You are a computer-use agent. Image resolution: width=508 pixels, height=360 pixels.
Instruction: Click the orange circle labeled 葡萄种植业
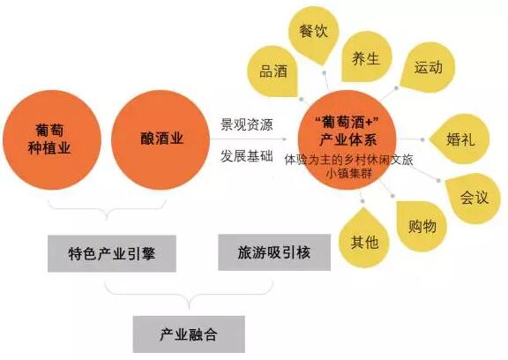tap(52, 139)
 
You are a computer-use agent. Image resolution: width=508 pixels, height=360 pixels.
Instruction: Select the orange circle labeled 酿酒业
tap(161, 139)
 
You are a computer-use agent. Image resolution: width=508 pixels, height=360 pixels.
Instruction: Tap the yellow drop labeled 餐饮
tap(314, 35)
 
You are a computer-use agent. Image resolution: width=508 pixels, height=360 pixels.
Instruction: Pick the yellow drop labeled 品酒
tap(273, 71)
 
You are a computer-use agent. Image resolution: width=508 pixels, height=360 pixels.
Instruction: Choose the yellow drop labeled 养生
tap(366, 57)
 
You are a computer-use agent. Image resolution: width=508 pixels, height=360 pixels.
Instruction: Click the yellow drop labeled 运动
tap(428, 67)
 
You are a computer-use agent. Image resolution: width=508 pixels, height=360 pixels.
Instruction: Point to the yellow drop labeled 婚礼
tap(459, 139)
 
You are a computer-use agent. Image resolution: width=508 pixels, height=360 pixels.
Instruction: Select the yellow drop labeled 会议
tap(473, 198)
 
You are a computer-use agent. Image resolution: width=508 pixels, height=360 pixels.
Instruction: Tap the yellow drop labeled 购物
tap(422, 226)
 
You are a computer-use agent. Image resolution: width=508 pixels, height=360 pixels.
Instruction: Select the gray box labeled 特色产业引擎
tap(112, 253)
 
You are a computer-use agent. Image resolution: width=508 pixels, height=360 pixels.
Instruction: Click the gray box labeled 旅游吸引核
tap(274, 252)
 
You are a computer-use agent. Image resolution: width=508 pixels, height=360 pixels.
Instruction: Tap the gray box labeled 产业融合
tap(189, 334)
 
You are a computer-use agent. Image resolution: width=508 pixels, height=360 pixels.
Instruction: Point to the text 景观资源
tap(247, 124)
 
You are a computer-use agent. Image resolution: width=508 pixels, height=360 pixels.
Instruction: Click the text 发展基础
tap(247, 156)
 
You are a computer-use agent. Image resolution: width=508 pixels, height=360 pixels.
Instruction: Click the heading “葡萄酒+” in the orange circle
tap(347, 123)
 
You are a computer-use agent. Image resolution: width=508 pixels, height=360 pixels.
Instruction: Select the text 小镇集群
tap(348, 174)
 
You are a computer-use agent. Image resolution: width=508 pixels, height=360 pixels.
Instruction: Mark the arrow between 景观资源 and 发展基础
tap(249, 139)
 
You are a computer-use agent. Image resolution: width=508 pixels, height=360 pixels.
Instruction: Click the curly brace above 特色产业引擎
tap(107, 208)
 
